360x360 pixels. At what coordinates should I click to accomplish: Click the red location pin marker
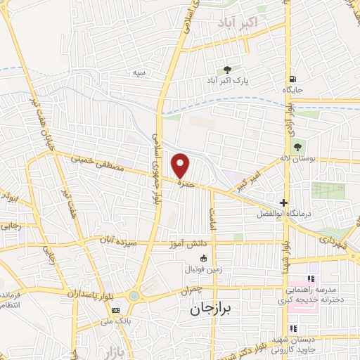coord(181,165)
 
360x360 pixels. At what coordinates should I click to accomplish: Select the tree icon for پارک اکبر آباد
coord(226,69)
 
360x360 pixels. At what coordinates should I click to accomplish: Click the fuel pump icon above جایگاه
coord(292,79)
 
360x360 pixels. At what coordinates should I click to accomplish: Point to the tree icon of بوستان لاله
coord(297,147)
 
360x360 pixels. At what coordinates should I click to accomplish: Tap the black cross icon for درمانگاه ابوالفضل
coord(284,202)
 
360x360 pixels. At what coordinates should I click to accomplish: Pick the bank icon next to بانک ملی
coord(115,309)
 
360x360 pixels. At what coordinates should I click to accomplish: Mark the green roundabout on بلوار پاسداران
coord(134,296)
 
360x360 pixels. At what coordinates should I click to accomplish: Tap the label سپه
coord(138,73)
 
